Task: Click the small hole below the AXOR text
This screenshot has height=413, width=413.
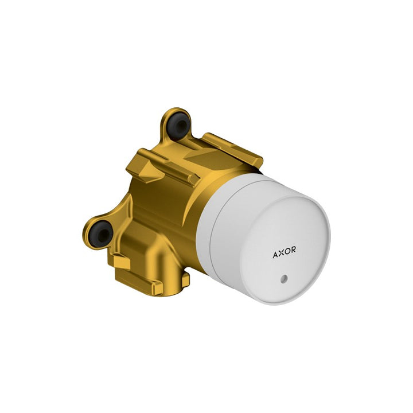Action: click(x=284, y=278)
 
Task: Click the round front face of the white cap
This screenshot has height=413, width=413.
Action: click(x=284, y=247)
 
